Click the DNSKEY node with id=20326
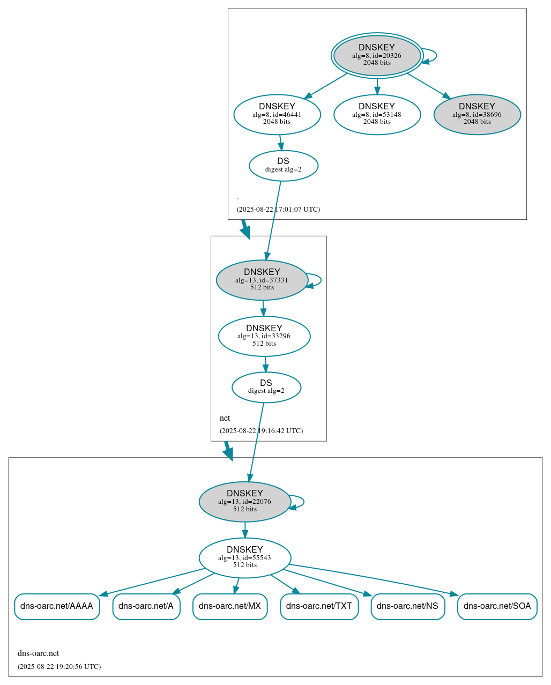tap(377, 55)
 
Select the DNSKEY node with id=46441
tap(277, 114)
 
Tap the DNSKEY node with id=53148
tap(377, 114)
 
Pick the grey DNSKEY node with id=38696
tap(477, 114)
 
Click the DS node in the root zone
tap(284, 166)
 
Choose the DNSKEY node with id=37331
tap(262, 280)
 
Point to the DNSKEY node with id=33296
tap(264, 336)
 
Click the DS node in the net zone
tap(266, 387)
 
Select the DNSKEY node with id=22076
tap(245, 502)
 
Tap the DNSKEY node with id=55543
tap(245, 558)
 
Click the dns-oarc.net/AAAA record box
tap(57, 606)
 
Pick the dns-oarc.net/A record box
tap(146, 606)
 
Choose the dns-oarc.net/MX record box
tap(230, 606)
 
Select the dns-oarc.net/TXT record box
tap(319, 606)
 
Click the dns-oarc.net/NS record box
tap(408, 606)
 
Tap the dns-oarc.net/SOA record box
tap(497, 606)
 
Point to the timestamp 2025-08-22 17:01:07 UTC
tap(278, 209)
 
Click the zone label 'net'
tap(225, 418)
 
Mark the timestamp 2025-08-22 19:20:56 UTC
tap(59, 666)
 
